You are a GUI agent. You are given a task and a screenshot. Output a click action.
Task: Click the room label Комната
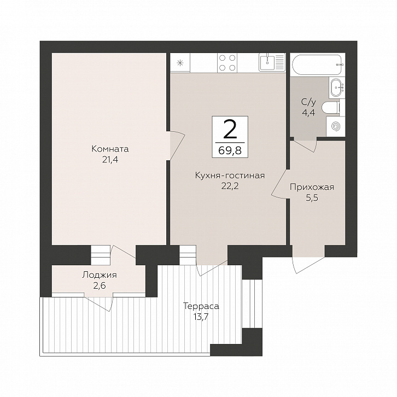110,149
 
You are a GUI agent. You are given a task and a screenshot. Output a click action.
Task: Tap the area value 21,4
110,160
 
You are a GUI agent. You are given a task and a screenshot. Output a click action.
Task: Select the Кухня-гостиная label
230,176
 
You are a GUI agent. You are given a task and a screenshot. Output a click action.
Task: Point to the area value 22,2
230,186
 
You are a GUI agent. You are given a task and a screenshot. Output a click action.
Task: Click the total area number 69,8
230,150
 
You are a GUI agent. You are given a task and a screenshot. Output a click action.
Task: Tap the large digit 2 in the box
230,129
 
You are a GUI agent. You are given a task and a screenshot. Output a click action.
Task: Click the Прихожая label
312,188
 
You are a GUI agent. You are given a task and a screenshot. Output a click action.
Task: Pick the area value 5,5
312,198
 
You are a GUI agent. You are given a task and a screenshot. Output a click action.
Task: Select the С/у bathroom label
308,102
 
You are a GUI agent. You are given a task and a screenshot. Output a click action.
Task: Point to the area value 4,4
308,113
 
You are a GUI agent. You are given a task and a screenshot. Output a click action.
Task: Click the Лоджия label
100,275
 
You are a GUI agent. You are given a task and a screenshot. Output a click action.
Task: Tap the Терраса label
201,306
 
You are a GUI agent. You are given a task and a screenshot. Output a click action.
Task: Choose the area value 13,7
201,317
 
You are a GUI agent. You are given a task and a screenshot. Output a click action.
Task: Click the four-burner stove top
227,62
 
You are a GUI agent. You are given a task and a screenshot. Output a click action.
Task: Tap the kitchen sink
267,62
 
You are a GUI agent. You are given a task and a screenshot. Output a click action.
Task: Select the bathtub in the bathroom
318,65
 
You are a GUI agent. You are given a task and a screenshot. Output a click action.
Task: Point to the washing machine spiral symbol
336,126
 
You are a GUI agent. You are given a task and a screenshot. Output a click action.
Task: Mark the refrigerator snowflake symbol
180,63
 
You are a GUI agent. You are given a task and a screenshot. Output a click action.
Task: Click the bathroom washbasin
337,87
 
